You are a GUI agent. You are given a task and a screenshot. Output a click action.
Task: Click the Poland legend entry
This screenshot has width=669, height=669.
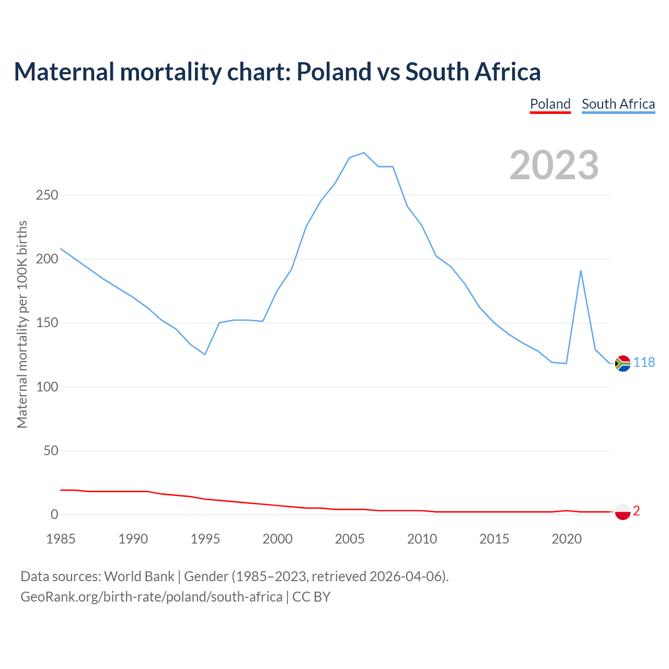pyautogui.click(x=550, y=104)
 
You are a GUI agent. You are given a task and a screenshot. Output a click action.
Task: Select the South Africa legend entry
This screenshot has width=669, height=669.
pyautogui.click(x=618, y=104)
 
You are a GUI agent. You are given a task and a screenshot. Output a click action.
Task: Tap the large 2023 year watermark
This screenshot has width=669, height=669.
pyautogui.click(x=554, y=165)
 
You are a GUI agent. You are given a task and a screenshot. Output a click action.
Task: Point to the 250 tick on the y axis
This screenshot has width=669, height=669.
pyautogui.click(x=47, y=195)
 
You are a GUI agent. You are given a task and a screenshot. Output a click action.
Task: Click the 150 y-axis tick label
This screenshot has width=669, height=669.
pyautogui.click(x=47, y=323)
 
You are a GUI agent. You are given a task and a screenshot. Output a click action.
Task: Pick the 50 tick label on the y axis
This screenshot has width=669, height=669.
pyautogui.click(x=51, y=451)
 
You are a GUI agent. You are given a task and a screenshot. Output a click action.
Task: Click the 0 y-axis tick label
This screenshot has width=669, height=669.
pyautogui.click(x=54, y=515)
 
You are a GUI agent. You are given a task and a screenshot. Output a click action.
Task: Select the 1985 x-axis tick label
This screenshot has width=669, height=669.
pyautogui.click(x=61, y=539)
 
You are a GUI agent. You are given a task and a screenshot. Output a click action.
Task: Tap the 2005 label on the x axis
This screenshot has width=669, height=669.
pyautogui.click(x=350, y=539)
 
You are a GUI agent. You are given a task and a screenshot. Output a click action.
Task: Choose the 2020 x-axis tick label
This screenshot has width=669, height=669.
pyautogui.click(x=567, y=539)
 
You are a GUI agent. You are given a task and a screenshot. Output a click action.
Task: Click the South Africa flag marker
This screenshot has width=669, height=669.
pyautogui.click(x=622, y=363)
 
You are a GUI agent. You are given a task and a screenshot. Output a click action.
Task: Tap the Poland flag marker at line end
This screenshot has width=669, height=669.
pyautogui.click(x=622, y=512)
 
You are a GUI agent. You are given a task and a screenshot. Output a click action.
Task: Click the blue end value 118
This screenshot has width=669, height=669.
pyautogui.click(x=644, y=362)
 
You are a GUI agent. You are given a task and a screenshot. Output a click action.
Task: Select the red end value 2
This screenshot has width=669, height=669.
pyautogui.click(x=637, y=511)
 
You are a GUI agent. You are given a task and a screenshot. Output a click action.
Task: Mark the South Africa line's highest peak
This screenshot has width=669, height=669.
pyautogui.click(x=364, y=153)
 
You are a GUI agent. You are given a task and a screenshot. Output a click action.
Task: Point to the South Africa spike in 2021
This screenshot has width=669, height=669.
pyautogui.click(x=581, y=271)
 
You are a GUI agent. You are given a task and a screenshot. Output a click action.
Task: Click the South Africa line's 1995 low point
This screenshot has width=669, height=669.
pyautogui.click(x=205, y=354)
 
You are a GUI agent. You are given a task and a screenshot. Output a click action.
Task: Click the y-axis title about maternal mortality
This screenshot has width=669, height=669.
pyautogui.click(x=22, y=324)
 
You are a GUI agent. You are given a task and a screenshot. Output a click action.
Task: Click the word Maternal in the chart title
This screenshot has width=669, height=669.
pyautogui.click(x=64, y=72)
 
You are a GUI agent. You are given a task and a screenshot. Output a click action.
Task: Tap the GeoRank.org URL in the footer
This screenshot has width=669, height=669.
pyautogui.click(x=151, y=596)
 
